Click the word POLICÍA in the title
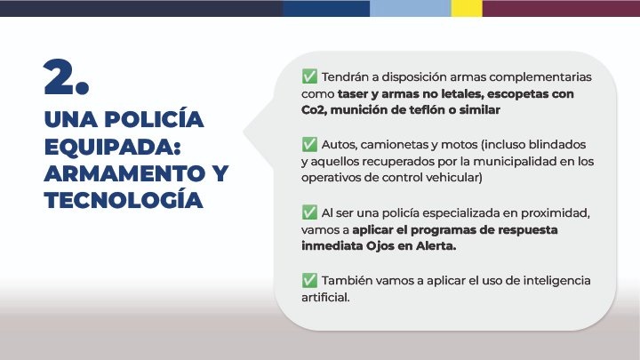tap(154, 119)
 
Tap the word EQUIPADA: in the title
tap(112, 147)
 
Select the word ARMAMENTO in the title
tap(125, 173)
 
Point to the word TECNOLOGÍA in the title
tap(124, 200)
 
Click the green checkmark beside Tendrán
tap(309, 76)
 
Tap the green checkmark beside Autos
tap(309, 144)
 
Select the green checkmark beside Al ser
tap(309, 212)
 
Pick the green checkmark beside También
tap(309, 280)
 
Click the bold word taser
tap(353, 94)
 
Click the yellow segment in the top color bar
tap(467, 8)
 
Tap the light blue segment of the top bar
tap(410, 8)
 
